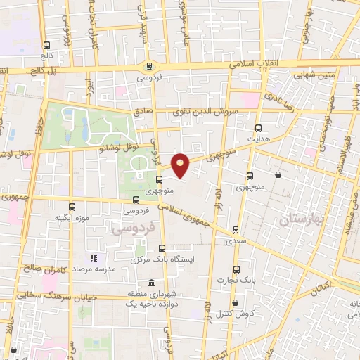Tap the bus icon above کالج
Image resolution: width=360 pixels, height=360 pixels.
pyautogui.click(x=46, y=46)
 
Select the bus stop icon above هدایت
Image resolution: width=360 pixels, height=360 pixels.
pyautogui.click(x=258, y=128)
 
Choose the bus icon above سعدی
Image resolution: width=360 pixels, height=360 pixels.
pyautogui.click(x=236, y=230)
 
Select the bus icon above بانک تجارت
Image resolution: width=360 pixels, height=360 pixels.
pyautogui.click(x=236, y=269)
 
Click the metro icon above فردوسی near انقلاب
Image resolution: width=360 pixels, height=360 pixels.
pyautogui.click(x=148, y=67)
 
